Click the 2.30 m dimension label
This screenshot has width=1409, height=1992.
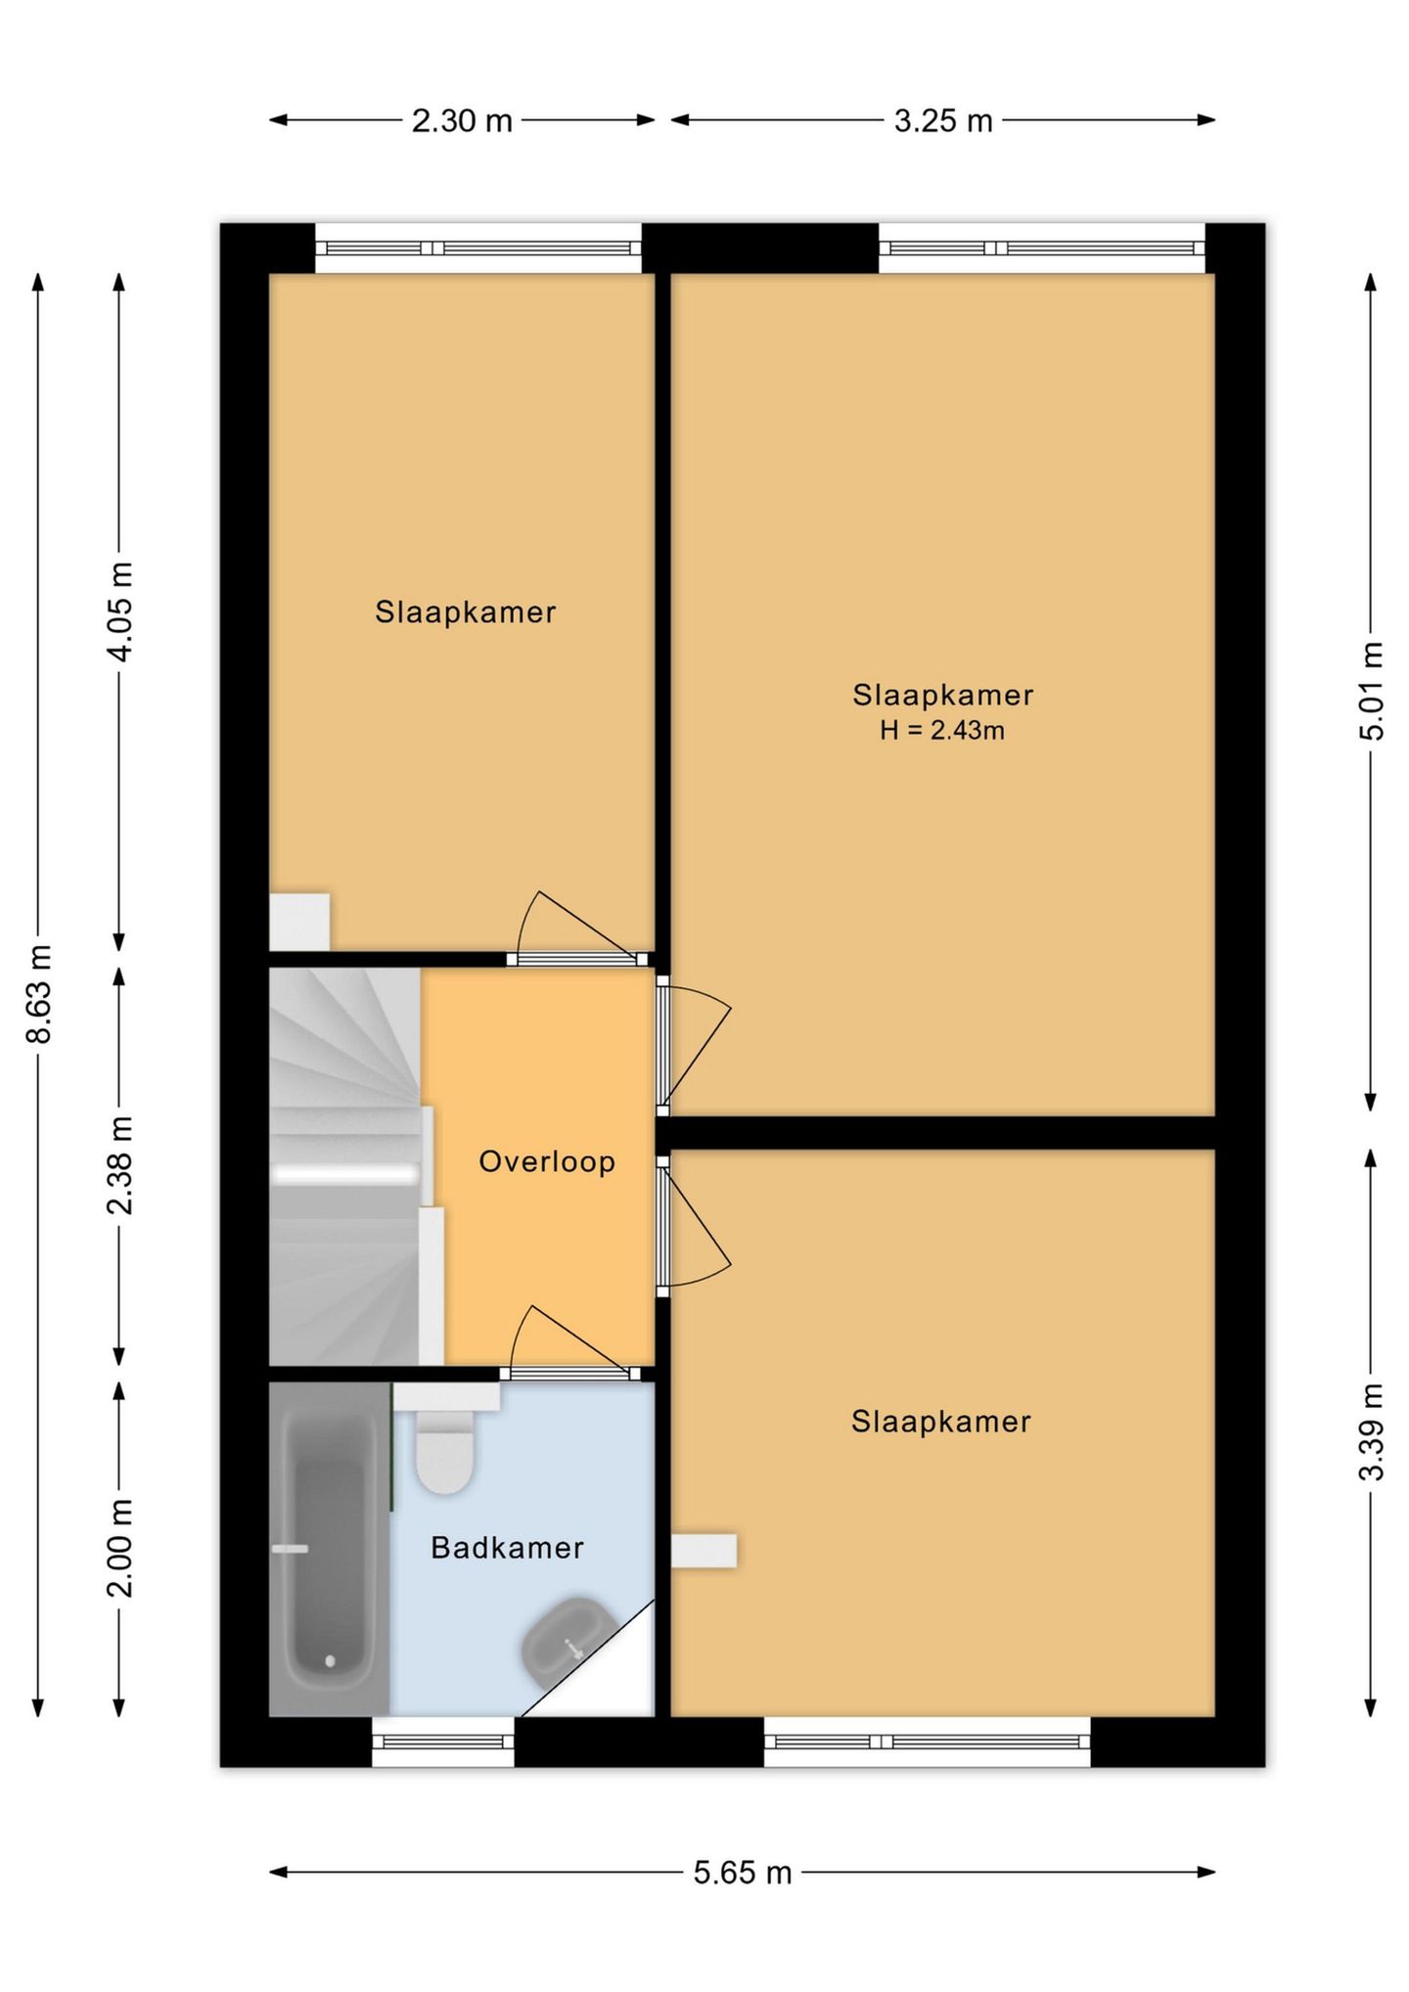coord(462,120)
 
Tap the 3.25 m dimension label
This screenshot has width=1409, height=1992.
coord(943,120)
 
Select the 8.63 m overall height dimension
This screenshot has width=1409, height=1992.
coord(39,994)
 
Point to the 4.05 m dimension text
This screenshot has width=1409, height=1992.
coord(119,612)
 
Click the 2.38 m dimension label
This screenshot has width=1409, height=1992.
coord(119,1165)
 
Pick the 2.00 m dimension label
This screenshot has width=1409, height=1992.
coord(119,1547)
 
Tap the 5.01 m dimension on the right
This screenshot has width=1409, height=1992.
coord(1371,691)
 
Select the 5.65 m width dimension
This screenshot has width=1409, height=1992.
coord(743,1873)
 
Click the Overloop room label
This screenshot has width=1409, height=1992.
coord(547,1161)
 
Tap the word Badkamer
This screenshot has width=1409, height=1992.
coord(507,1547)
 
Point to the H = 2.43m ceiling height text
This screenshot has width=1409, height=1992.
coord(941,730)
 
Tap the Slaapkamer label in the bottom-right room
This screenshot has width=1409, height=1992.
coord(941,1422)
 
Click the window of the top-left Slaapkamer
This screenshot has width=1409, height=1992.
coord(478,249)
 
